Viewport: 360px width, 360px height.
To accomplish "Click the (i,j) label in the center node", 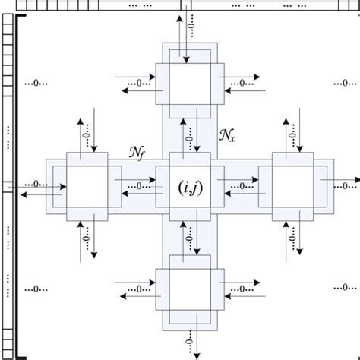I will tap(188, 185).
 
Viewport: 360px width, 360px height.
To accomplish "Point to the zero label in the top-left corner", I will tap(35, 82).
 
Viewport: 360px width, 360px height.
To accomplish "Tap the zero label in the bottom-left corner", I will tap(35, 289).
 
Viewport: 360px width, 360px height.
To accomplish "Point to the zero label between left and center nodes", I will tap(137, 186).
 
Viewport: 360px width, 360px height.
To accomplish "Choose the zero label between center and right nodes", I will tap(241, 186).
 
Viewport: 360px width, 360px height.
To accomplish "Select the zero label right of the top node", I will tap(242, 82).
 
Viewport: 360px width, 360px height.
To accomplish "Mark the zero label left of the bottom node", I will tap(137, 289).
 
